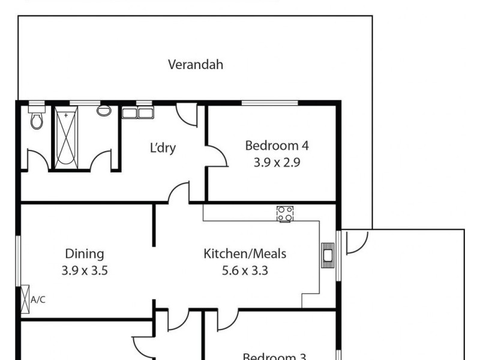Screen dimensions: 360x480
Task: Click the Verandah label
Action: click(196, 65)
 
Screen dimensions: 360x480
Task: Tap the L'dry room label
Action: click(163, 148)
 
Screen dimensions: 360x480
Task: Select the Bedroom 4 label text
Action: click(277, 145)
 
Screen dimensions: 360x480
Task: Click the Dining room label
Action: click(85, 254)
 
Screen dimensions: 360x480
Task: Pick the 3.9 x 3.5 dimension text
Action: click(85, 271)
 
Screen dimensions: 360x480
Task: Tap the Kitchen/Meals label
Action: click(245, 254)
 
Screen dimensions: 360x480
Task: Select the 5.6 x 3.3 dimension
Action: click(245, 271)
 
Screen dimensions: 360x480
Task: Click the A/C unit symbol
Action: click(25, 299)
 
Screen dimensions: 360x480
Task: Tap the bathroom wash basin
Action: click(104, 111)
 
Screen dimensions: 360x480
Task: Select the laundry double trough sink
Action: click(138, 112)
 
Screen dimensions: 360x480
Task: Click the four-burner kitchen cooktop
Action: click(285, 213)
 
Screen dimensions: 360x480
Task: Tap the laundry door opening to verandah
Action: click(187, 114)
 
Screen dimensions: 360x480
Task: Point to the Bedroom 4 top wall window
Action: click(269, 103)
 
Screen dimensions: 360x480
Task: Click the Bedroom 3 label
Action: click(274, 356)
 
